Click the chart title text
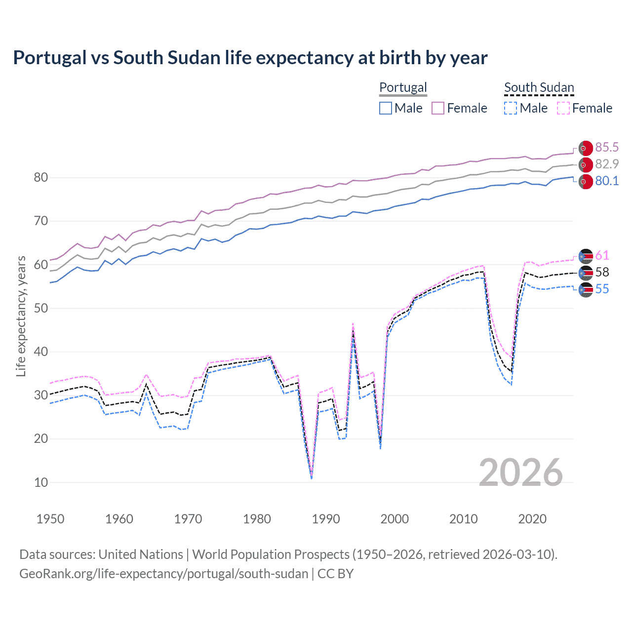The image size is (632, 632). (250, 58)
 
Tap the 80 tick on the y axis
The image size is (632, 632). (41, 177)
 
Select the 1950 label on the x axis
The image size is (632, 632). (50, 519)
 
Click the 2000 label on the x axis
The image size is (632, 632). (395, 519)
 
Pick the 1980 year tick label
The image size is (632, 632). (257, 519)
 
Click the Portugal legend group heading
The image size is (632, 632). (403, 87)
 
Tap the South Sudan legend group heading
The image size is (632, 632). (539, 87)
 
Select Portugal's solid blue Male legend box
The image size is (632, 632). (386, 108)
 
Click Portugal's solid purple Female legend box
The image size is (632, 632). (438, 108)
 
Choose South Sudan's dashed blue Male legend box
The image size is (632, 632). (511, 108)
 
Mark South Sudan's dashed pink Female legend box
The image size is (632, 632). (563, 108)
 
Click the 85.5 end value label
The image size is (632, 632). (607, 147)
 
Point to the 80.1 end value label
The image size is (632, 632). (607, 181)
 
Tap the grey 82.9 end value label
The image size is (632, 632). (607, 164)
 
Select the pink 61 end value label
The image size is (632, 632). (602, 255)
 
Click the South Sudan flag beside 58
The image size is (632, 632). (586, 272)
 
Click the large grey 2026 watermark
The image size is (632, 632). (521, 473)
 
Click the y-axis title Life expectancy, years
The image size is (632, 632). (21, 316)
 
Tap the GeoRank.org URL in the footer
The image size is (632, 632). (163, 574)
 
